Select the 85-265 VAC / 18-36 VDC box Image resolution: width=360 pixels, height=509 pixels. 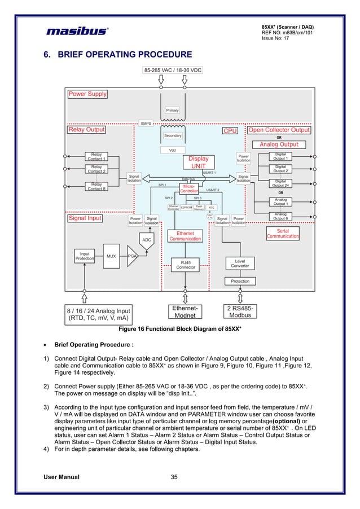[x=172, y=71]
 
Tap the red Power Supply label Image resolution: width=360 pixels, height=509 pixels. [x=87, y=94]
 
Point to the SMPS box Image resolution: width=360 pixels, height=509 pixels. [x=146, y=122]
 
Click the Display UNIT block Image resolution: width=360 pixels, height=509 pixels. [x=198, y=163]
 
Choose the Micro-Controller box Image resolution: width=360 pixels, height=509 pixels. [x=188, y=188]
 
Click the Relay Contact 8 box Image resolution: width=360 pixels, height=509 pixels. [x=96, y=186]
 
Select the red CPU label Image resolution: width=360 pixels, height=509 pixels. [x=230, y=130]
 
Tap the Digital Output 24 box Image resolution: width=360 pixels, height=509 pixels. [x=280, y=183]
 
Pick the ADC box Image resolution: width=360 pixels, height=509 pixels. [x=146, y=240]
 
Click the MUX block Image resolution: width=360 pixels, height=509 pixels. [x=111, y=256]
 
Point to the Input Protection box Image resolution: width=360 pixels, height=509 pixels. [x=85, y=256]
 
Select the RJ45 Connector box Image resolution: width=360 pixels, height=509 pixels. [x=186, y=264]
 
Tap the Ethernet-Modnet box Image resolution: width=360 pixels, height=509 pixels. [x=185, y=312]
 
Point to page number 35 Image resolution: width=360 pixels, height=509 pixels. [x=174, y=477]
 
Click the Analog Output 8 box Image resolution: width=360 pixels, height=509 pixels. [x=280, y=217]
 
